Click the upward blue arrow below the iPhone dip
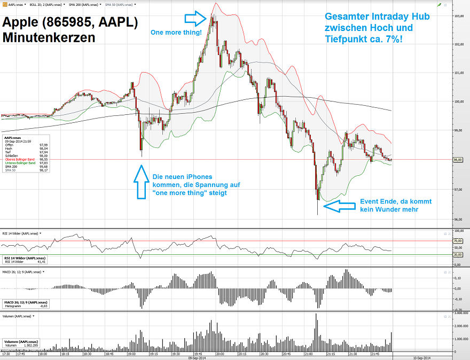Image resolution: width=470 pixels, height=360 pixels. click(141, 182)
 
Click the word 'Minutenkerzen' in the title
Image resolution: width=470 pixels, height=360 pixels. click(49, 38)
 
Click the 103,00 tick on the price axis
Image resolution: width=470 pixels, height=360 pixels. click(458, 16)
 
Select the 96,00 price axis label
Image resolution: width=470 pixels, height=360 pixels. click(458, 218)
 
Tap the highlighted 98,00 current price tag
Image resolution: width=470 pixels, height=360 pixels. click(458, 159)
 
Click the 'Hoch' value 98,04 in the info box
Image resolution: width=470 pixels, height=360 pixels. click(43, 148)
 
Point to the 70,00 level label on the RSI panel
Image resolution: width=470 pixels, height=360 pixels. click(457, 241)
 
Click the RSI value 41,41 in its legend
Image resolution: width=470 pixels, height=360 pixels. click(42, 262)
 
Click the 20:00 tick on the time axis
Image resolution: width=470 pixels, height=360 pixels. click(220, 354)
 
